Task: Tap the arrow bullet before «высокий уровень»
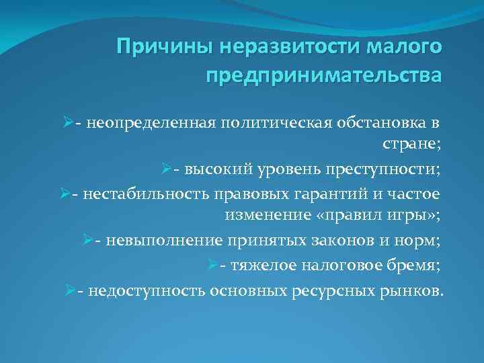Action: [x=164, y=170]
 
